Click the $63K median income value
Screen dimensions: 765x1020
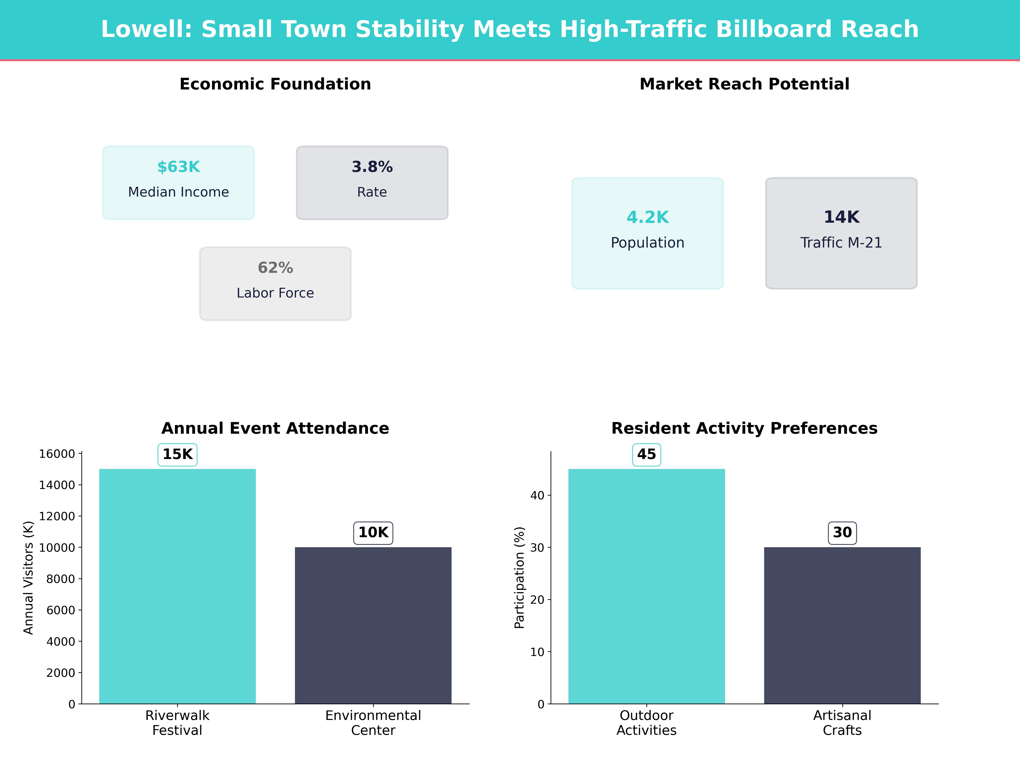click(178, 167)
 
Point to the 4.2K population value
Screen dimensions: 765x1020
click(647, 217)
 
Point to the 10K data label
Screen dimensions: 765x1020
click(373, 533)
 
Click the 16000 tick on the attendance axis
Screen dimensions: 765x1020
click(57, 454)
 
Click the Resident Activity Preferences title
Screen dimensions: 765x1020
click(744, 428)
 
